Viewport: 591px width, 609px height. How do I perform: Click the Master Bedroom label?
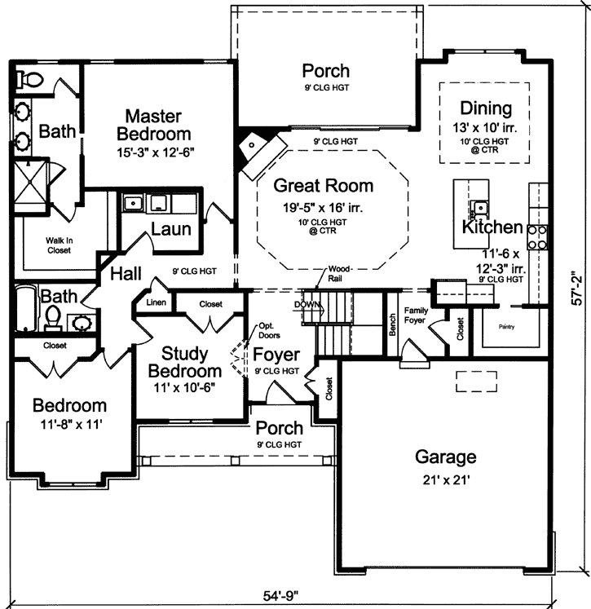pos(153,125)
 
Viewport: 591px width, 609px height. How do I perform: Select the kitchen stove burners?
pos(538,236)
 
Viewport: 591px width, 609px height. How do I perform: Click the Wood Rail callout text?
pos(339,273)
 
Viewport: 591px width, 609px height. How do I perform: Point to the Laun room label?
pos(171,229)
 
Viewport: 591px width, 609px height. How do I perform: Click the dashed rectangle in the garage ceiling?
pos(475,379)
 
